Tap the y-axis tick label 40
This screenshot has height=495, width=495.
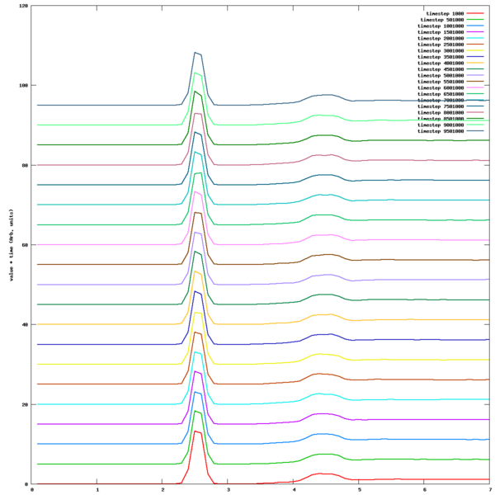coord(25,324)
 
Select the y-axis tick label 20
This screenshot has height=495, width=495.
coord(25,404)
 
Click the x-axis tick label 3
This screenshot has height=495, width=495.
coord(229,489)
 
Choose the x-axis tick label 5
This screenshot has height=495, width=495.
coord(360,489)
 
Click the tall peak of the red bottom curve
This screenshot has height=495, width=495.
coord(197,431)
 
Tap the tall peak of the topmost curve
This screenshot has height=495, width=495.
coord(196,53)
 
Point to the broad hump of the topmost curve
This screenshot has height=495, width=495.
coord(327,95)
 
